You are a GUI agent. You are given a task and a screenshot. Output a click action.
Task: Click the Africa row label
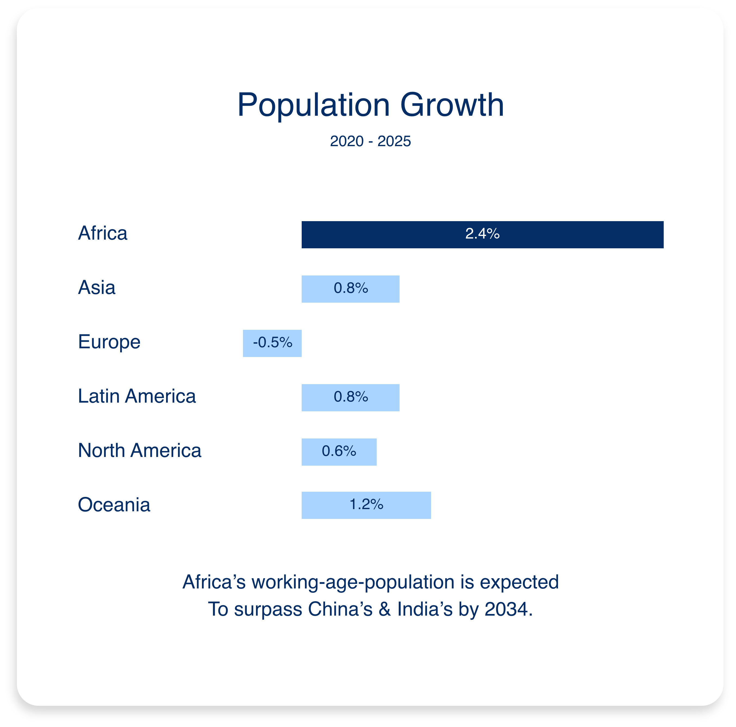(102, 233)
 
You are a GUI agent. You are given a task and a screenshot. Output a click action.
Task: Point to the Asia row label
(96, 287)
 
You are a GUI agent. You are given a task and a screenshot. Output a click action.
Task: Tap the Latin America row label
(137, 396)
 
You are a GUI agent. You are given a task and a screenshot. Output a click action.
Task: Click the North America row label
(139, 450)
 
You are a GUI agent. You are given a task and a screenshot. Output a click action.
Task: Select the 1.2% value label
(366, 504)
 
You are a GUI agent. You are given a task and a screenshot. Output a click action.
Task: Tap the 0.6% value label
(339, 451)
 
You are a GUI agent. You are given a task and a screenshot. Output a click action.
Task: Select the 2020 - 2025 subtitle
(370, 141)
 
